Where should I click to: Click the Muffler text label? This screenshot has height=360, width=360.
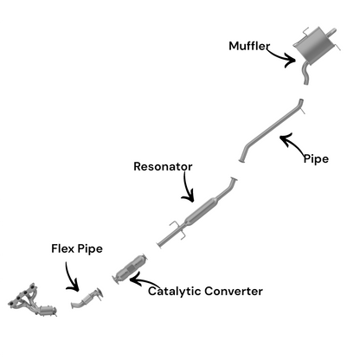point(249,46)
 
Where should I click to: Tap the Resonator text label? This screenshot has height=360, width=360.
point(163,166)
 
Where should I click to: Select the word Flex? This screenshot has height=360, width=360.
point(62,248)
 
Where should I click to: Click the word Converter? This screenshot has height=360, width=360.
point(234,291)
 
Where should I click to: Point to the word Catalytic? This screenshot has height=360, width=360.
point(175,292)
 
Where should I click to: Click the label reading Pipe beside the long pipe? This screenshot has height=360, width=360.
point(316,159)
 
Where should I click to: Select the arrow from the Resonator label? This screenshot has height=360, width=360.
point(187,188)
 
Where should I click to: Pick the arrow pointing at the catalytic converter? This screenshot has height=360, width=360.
point(144,281)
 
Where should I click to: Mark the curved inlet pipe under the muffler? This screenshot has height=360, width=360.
point(305,74)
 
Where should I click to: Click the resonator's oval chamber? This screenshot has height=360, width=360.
point(201,211)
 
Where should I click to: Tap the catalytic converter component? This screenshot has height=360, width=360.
point(130,269)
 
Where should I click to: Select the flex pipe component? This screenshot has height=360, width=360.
point(87,299)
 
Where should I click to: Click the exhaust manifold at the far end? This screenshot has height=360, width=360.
point(32,300)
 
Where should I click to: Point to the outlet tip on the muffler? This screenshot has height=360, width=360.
point(332,32)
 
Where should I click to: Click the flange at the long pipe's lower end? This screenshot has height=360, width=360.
point(242,160)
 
